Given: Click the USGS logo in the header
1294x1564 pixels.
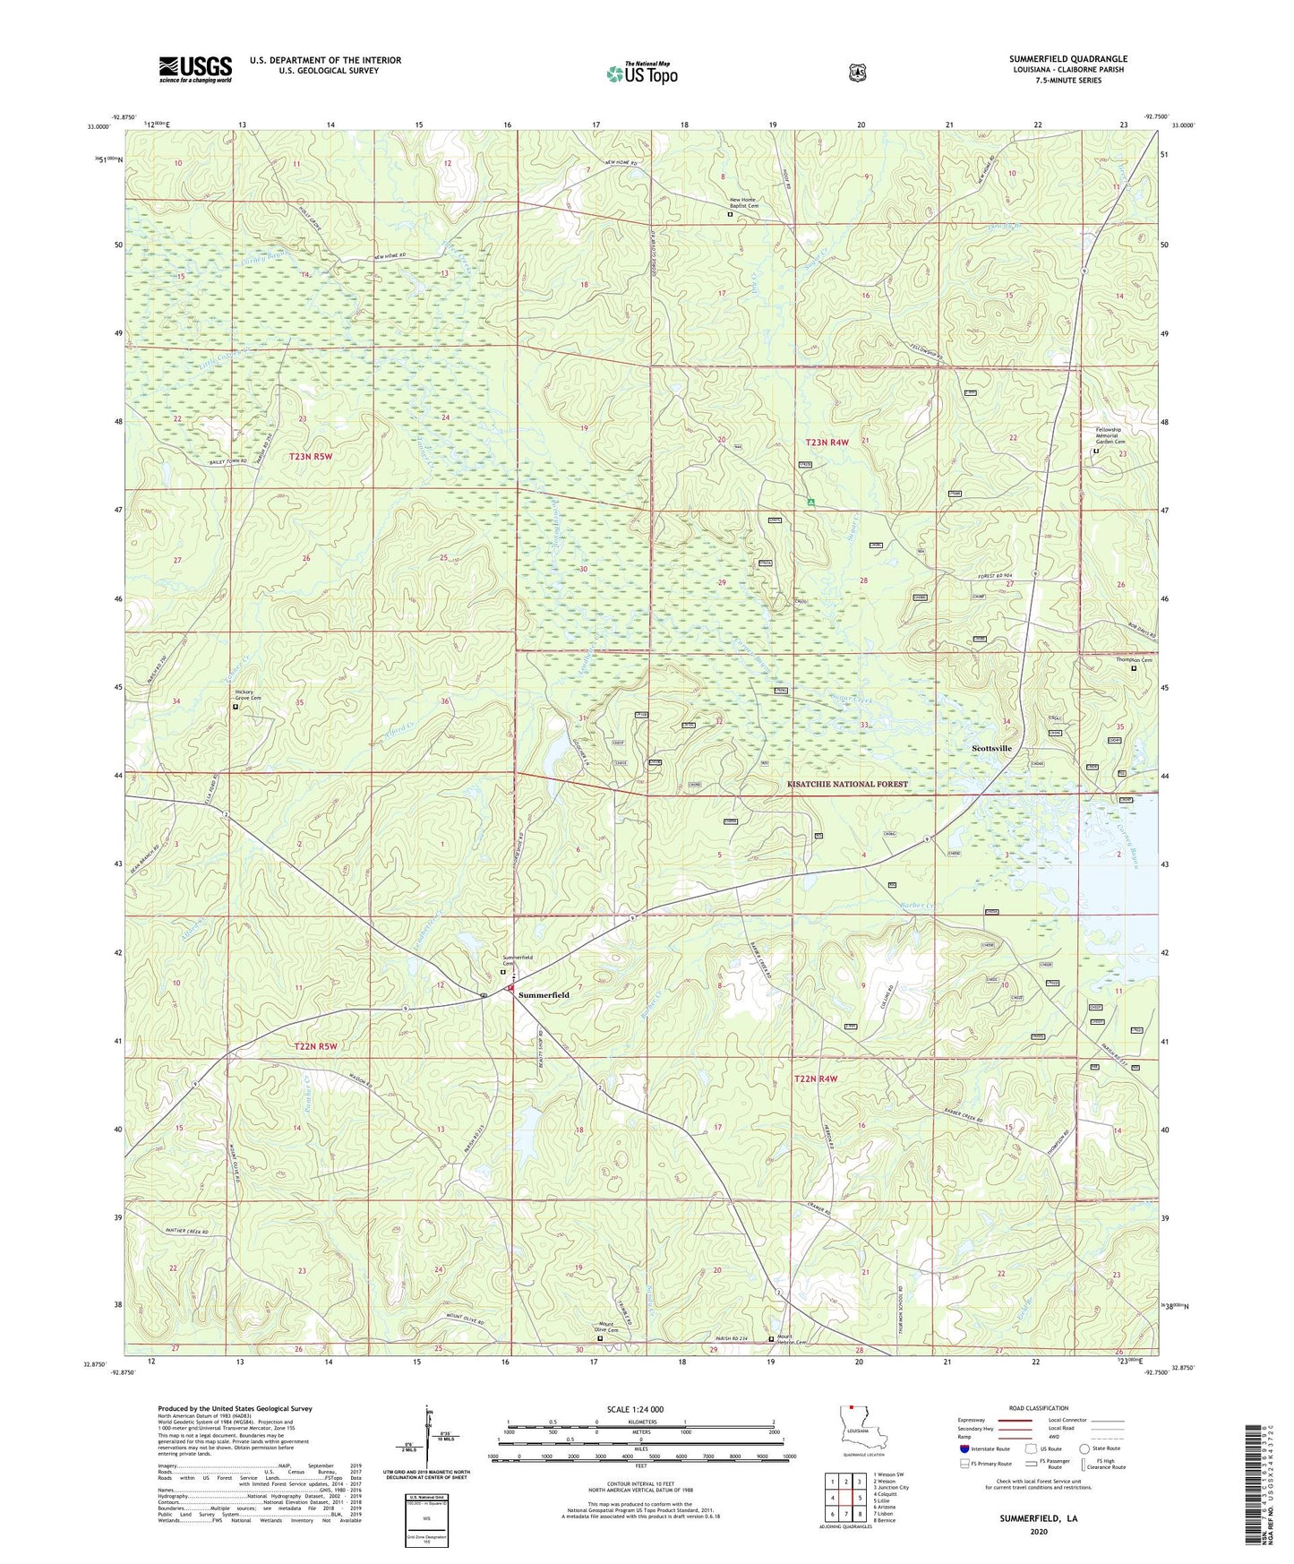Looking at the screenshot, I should pos(195,69).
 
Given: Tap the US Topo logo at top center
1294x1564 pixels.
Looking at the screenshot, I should pos(641,73).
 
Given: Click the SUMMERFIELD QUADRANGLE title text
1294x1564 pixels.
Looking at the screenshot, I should pos(1067,59).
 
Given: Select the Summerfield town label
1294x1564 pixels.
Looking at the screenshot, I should pos(544,995).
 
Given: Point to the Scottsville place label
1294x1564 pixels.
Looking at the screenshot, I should pos(991,748).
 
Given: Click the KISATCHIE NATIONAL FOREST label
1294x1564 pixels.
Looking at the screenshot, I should pos(847,785).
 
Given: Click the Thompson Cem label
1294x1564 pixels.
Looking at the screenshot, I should pos(1133,660).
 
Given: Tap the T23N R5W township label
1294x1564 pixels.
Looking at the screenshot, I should pos(310,457).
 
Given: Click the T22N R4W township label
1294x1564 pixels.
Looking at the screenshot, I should pos(816,1079).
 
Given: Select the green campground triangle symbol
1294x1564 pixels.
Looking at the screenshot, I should pos(810,503).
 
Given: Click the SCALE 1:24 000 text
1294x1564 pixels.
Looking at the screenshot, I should pos(635,1409).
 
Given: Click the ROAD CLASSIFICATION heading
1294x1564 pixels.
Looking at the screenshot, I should pos(1038,1408).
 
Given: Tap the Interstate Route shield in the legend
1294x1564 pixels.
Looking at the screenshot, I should pos(964,1448).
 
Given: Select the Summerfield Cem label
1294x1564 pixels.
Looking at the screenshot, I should pos(517,959).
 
